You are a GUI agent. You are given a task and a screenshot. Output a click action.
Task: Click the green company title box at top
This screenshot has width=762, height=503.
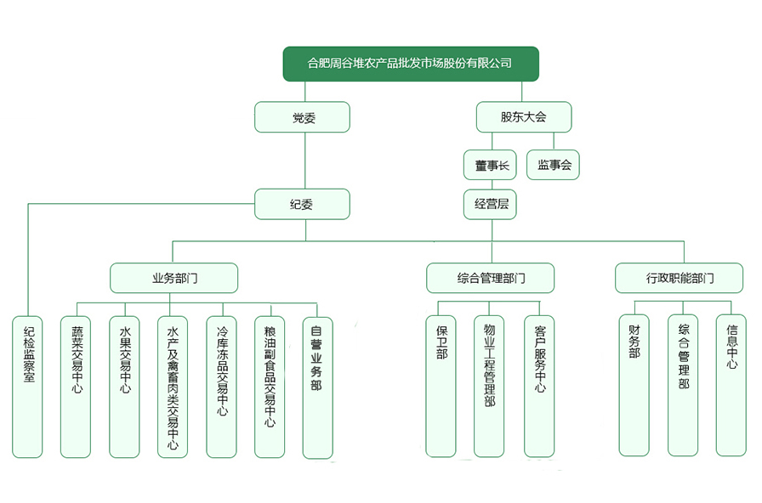411,64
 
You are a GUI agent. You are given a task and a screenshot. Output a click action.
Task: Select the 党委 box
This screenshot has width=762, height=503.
303,117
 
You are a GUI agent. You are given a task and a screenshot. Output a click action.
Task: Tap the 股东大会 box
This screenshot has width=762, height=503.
523,117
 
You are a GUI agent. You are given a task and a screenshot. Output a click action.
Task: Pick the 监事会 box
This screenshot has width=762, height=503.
554,165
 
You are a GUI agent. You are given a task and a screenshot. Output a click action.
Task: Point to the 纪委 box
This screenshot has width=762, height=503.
303,204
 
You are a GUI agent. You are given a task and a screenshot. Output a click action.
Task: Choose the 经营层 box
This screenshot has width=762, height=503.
490,204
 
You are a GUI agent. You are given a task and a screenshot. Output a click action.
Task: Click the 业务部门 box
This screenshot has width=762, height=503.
173,278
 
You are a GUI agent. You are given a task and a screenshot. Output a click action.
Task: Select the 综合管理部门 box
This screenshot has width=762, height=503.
490,278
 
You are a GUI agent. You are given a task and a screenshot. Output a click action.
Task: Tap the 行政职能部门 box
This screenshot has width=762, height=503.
679,278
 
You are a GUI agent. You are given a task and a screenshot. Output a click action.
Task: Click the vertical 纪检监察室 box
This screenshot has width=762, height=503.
28,387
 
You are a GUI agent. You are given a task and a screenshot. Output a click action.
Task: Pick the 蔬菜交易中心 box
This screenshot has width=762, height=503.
77,387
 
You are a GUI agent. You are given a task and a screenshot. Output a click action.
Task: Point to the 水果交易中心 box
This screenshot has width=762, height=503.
125,387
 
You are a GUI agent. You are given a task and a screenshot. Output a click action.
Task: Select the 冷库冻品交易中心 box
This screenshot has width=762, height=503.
222,387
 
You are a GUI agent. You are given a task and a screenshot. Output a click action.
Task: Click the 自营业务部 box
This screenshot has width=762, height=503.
317,387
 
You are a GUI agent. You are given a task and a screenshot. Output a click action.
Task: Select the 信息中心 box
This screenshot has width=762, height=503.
731,384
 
